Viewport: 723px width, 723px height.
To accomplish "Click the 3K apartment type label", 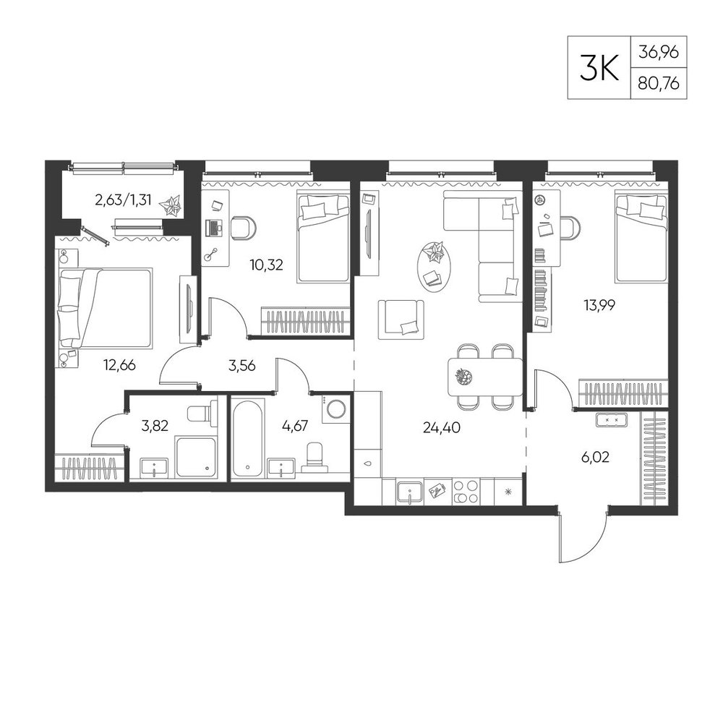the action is (599, 68).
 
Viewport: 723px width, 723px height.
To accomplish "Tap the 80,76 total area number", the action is (659, 83).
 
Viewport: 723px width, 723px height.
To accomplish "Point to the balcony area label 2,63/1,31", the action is (123, 201).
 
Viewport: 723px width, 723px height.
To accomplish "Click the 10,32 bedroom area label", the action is (266, 265).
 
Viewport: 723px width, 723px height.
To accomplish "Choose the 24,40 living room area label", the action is (441, 427).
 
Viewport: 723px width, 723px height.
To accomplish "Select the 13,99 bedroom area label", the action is (599, 305).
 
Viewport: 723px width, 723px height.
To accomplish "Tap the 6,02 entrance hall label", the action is (595, 457).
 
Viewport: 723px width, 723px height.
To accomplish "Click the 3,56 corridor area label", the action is (241, 366).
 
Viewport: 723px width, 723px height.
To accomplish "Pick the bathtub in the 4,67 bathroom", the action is (249, 437).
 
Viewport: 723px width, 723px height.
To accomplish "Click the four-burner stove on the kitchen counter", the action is (466, 492).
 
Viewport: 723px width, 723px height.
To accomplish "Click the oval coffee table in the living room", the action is (433, 267).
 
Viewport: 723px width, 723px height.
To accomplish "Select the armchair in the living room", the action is (401, 319).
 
